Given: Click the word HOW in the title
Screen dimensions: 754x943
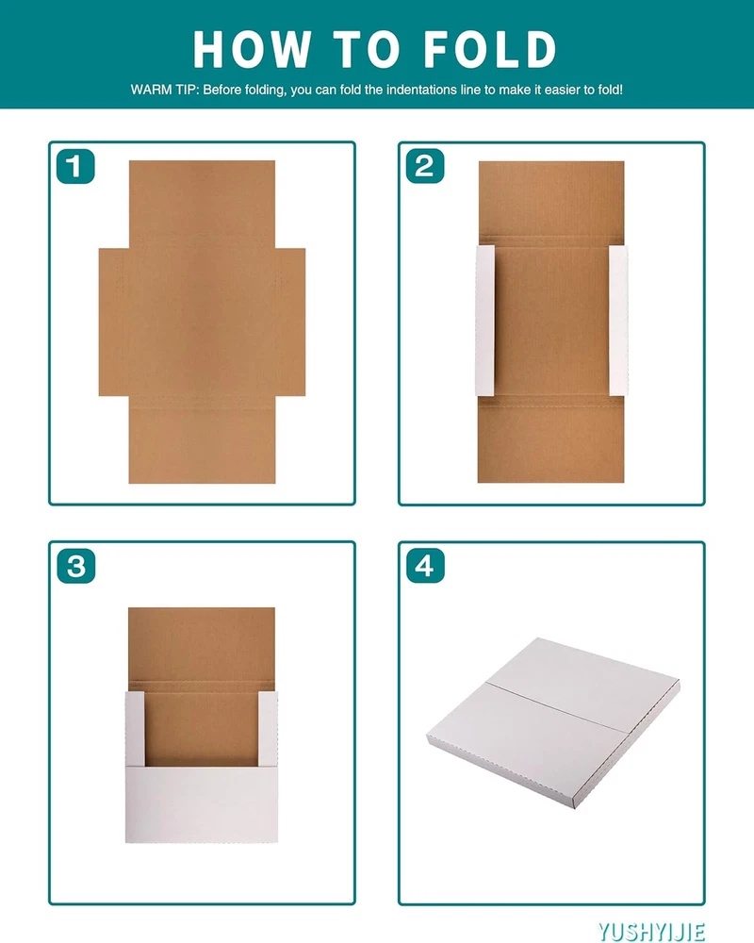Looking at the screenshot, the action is tap(253, 49).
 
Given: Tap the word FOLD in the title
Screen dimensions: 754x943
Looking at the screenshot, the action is tap(490, 49).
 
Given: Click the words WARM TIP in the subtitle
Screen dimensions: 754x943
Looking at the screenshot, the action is tap(164, 91).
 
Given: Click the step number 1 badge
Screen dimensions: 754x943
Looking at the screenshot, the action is tap(75, 166).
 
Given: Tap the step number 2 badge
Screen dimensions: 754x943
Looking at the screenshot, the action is tap(425, 166).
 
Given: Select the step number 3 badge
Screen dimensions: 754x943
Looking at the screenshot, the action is tap(75, 566).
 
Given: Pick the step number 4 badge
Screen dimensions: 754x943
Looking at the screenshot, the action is tap(425, 566).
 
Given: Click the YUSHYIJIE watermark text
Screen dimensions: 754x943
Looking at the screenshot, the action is tap(651, 931).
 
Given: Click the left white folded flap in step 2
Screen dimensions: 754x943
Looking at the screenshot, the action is tap(484, 321).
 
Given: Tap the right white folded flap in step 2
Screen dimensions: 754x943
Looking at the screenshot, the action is tap(618, 321).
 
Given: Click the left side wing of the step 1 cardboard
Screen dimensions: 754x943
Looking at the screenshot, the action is tap(114, 322).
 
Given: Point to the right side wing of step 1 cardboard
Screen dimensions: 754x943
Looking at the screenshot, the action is tap(290, 322).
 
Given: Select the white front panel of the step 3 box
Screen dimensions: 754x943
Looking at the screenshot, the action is tap(202, 804).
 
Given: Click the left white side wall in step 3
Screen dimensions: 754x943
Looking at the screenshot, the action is tap(135, 729).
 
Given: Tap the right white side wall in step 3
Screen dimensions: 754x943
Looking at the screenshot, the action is tap(269, 729).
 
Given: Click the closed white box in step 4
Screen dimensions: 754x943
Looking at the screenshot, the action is tap(553, 721).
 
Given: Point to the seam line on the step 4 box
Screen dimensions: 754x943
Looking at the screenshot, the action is tap(556, 707).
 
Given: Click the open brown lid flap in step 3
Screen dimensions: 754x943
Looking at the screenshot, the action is tap(202, 643).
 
